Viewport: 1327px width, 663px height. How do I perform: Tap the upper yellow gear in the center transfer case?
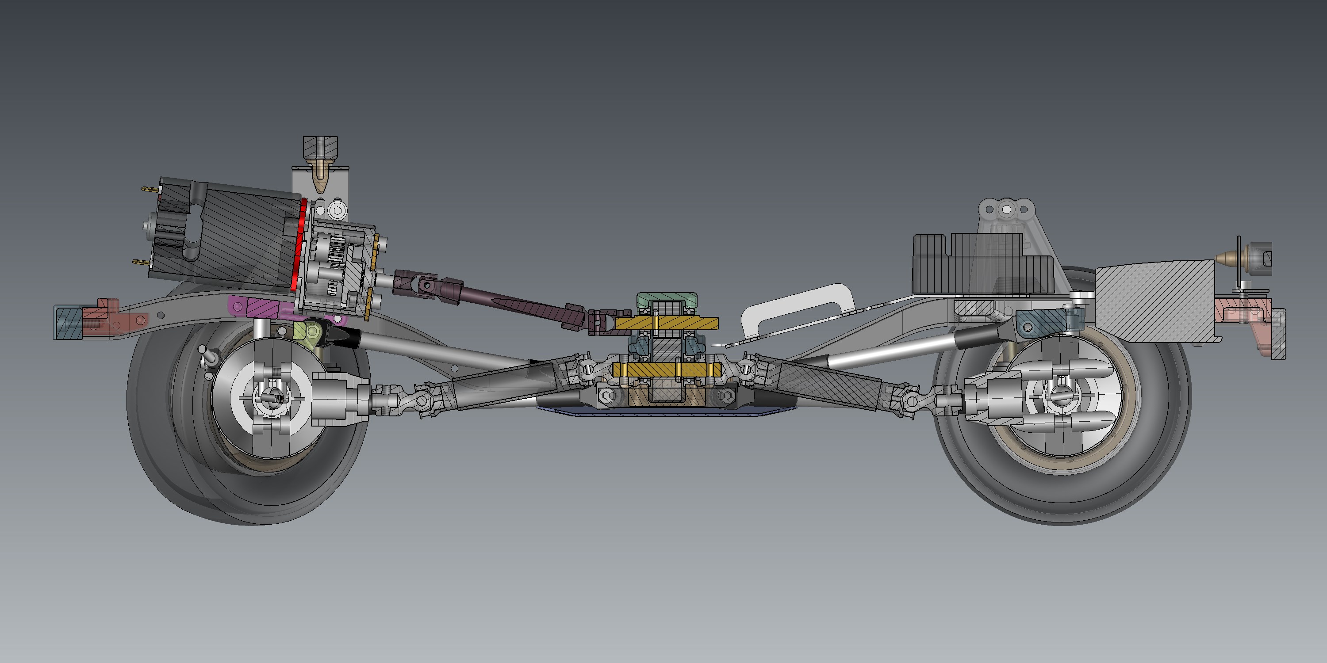click(x=667, y=323)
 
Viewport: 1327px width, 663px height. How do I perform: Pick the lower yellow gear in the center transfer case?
click(x=667, y=369)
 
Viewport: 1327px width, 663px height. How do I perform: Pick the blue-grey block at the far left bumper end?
click(x=69, y=323)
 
